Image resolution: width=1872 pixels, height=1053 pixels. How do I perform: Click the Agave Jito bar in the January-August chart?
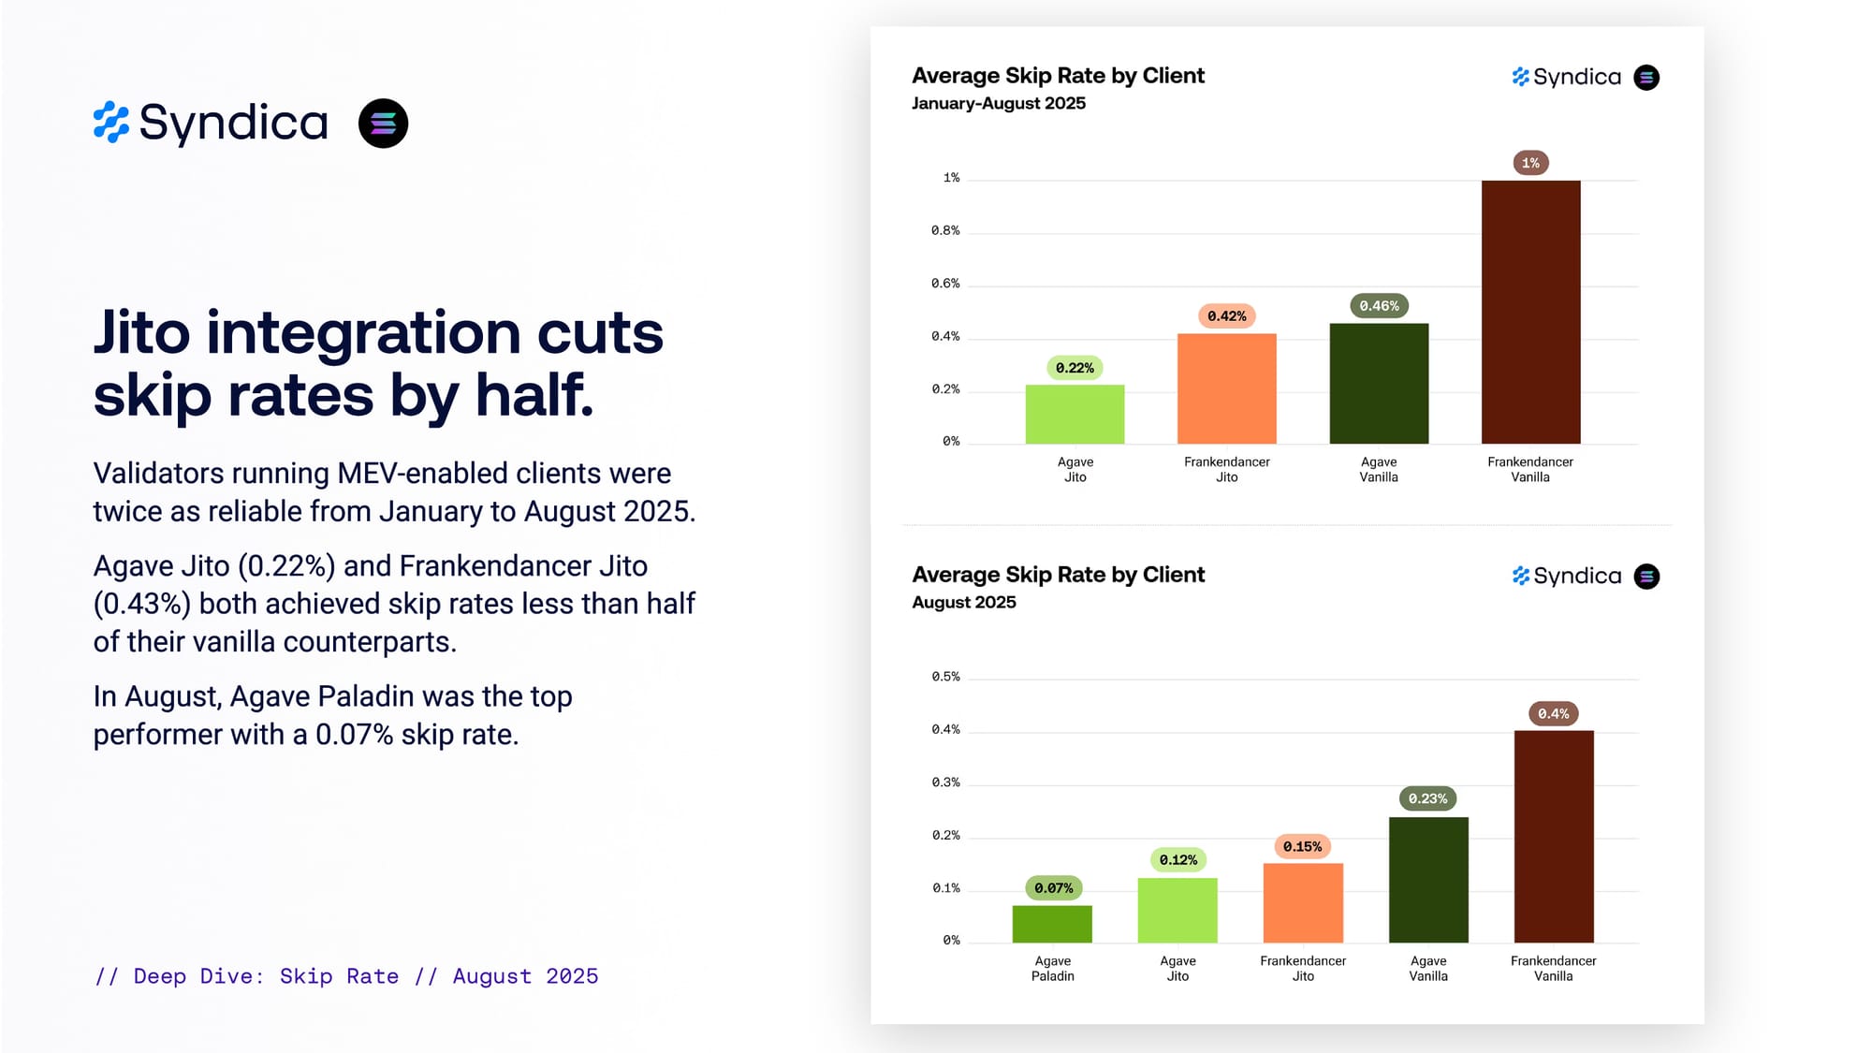(1075, 414)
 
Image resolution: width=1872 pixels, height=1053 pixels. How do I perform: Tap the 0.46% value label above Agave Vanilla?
(1379, 306)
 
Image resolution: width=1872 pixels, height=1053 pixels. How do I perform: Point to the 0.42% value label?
(1226, 316)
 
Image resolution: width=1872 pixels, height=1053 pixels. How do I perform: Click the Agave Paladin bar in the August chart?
(1052, 924)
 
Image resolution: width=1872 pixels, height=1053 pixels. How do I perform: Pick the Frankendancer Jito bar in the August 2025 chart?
(1303, 902)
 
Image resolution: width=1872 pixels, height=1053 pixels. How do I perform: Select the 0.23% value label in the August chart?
(1427, 798)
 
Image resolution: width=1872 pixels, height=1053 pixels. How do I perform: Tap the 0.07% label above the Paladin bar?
(1053, 888)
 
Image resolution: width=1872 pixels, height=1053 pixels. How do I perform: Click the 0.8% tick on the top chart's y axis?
(945, 230)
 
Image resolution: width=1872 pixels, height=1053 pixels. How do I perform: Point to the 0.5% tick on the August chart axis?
(945, 677)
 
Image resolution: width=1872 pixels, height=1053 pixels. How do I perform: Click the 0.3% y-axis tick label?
(945, 782)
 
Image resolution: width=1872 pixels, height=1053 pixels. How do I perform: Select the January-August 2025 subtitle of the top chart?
(999, 103)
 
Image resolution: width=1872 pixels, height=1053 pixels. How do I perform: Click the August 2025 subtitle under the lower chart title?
(964, 602)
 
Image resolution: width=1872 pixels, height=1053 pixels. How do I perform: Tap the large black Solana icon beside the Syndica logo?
(383, 124)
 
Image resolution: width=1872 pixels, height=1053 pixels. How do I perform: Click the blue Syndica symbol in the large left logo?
(111, 123)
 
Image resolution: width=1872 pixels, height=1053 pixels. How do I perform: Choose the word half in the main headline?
(534, 395)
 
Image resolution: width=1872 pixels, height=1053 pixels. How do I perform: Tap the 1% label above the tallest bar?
(1530, 163)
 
